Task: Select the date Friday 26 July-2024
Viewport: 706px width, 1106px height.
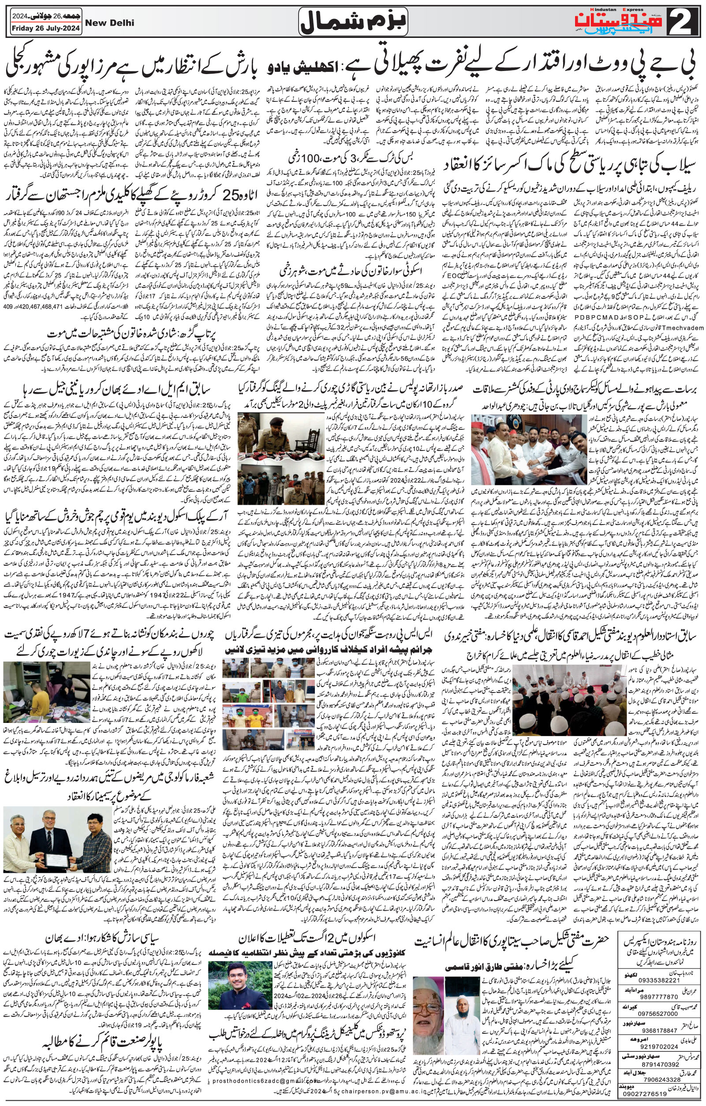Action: (45, 29)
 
